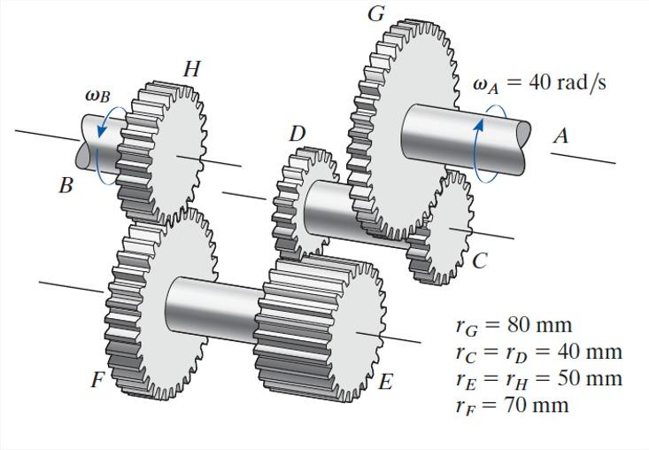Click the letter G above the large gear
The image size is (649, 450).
pyautogui.click(x=376, y=14)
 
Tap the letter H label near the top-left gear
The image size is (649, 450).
pyautogui.click(x=191, y=69)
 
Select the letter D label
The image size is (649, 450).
pyautogui.click(x=297, y=134)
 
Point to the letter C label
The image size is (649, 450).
pyautogui.click(x=479, y=260)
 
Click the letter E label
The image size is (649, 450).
pyautogui.click(x=385, y=382)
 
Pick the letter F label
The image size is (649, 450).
pyautogui.click(x=97, y=380)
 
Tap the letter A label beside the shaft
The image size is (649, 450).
pyautogui.click(x=560, y=136)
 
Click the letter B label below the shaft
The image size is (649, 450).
pyautogui.click(x=66, y=186)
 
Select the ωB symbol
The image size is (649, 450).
pyautogui.click(x=97, y=95)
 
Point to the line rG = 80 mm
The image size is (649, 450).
pyautogui.click(x=514, y=325)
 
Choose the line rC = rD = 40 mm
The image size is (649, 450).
pyautogui.click(x=538, y=352)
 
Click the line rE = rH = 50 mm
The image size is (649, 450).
pyautogui.click(x=538, y=378)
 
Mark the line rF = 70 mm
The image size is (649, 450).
pyautogui.click(x=512, y=405)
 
